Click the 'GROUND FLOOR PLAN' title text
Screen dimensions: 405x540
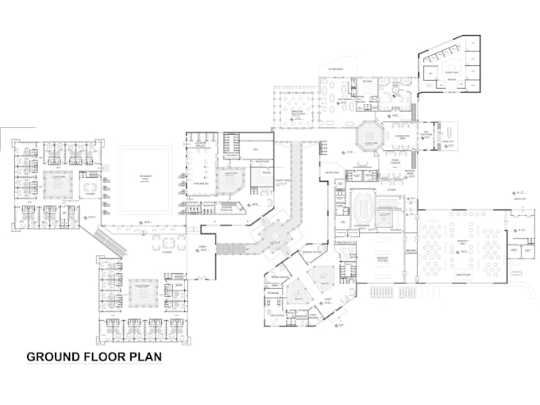tap(94, 357)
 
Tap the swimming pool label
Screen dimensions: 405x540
tap(145, 175)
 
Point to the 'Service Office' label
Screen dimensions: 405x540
tap(310, 252)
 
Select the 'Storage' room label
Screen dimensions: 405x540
tap(273, 293)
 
